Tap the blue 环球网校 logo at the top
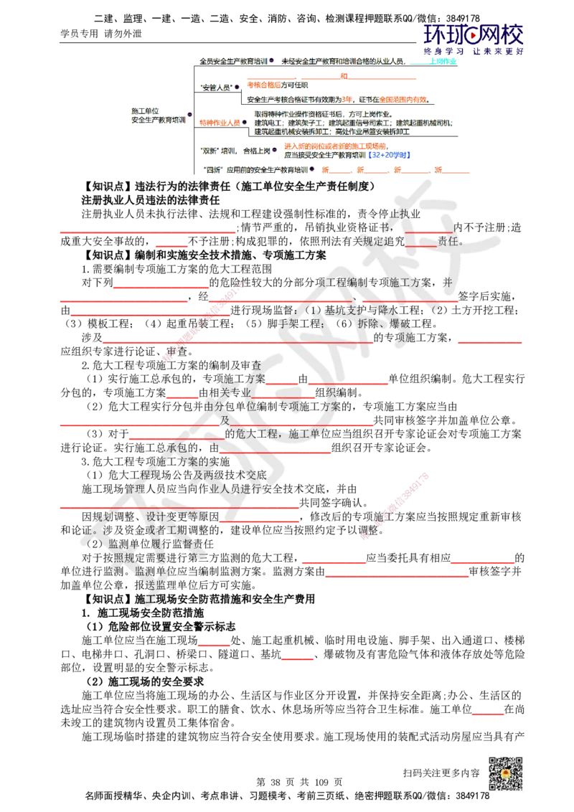tap(474, 38)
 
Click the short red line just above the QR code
tap(488, 714)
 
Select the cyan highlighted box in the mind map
tap(444, 62)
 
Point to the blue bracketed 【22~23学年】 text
tap(389, 154)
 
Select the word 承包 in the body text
tap(177, 448)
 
